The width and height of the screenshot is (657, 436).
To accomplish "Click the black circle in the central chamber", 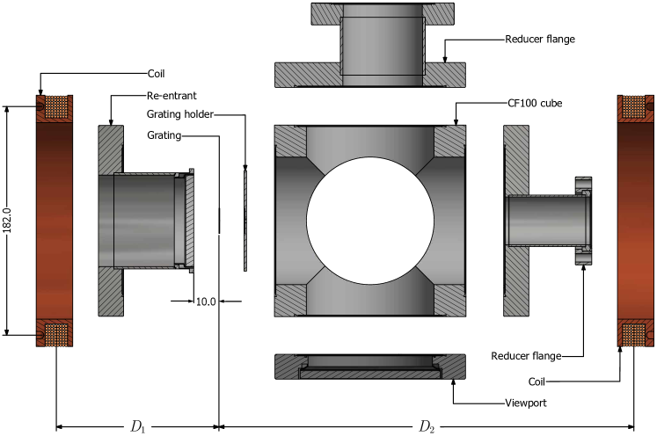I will [x=369, y=221].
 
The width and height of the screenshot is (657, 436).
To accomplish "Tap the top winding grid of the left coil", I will [x=55, y=107].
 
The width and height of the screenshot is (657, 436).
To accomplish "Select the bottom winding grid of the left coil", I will [x=55, y=334].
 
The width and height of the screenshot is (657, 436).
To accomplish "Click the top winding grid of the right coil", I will [x=633, y=107].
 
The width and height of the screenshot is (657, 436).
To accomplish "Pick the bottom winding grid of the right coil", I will [x=633, y=334].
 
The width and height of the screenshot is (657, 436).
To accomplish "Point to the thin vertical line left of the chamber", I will [x=245, y=221].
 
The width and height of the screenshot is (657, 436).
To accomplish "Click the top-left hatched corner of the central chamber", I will [x=289, y=141].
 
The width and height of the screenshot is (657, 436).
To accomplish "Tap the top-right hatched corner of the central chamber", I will [x=449, y=141].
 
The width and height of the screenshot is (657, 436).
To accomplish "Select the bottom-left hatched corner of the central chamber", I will [x=289, y=300].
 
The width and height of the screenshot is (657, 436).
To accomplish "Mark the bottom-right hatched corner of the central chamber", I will [x=449, y=300].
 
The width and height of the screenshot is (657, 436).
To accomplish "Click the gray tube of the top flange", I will [x=383, y=44].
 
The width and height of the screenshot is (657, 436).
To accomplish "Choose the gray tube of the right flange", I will [x=547, y=221].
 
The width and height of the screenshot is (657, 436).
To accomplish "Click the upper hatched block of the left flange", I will [x=111, y=149].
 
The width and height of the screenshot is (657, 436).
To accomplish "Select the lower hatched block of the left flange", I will [x=111, y=291].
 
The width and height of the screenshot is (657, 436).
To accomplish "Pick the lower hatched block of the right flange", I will [x=516, y=280].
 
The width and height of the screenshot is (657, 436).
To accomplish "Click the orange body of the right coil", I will [x=635, y=221].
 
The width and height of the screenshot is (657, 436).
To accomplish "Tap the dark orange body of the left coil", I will [x=55, y=221].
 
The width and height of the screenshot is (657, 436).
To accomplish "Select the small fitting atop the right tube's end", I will [x=583, y=185].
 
